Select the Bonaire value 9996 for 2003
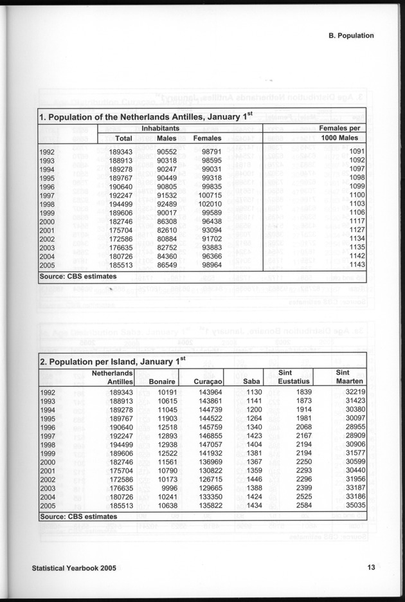165,488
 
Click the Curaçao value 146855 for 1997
208,435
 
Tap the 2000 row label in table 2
48,462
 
